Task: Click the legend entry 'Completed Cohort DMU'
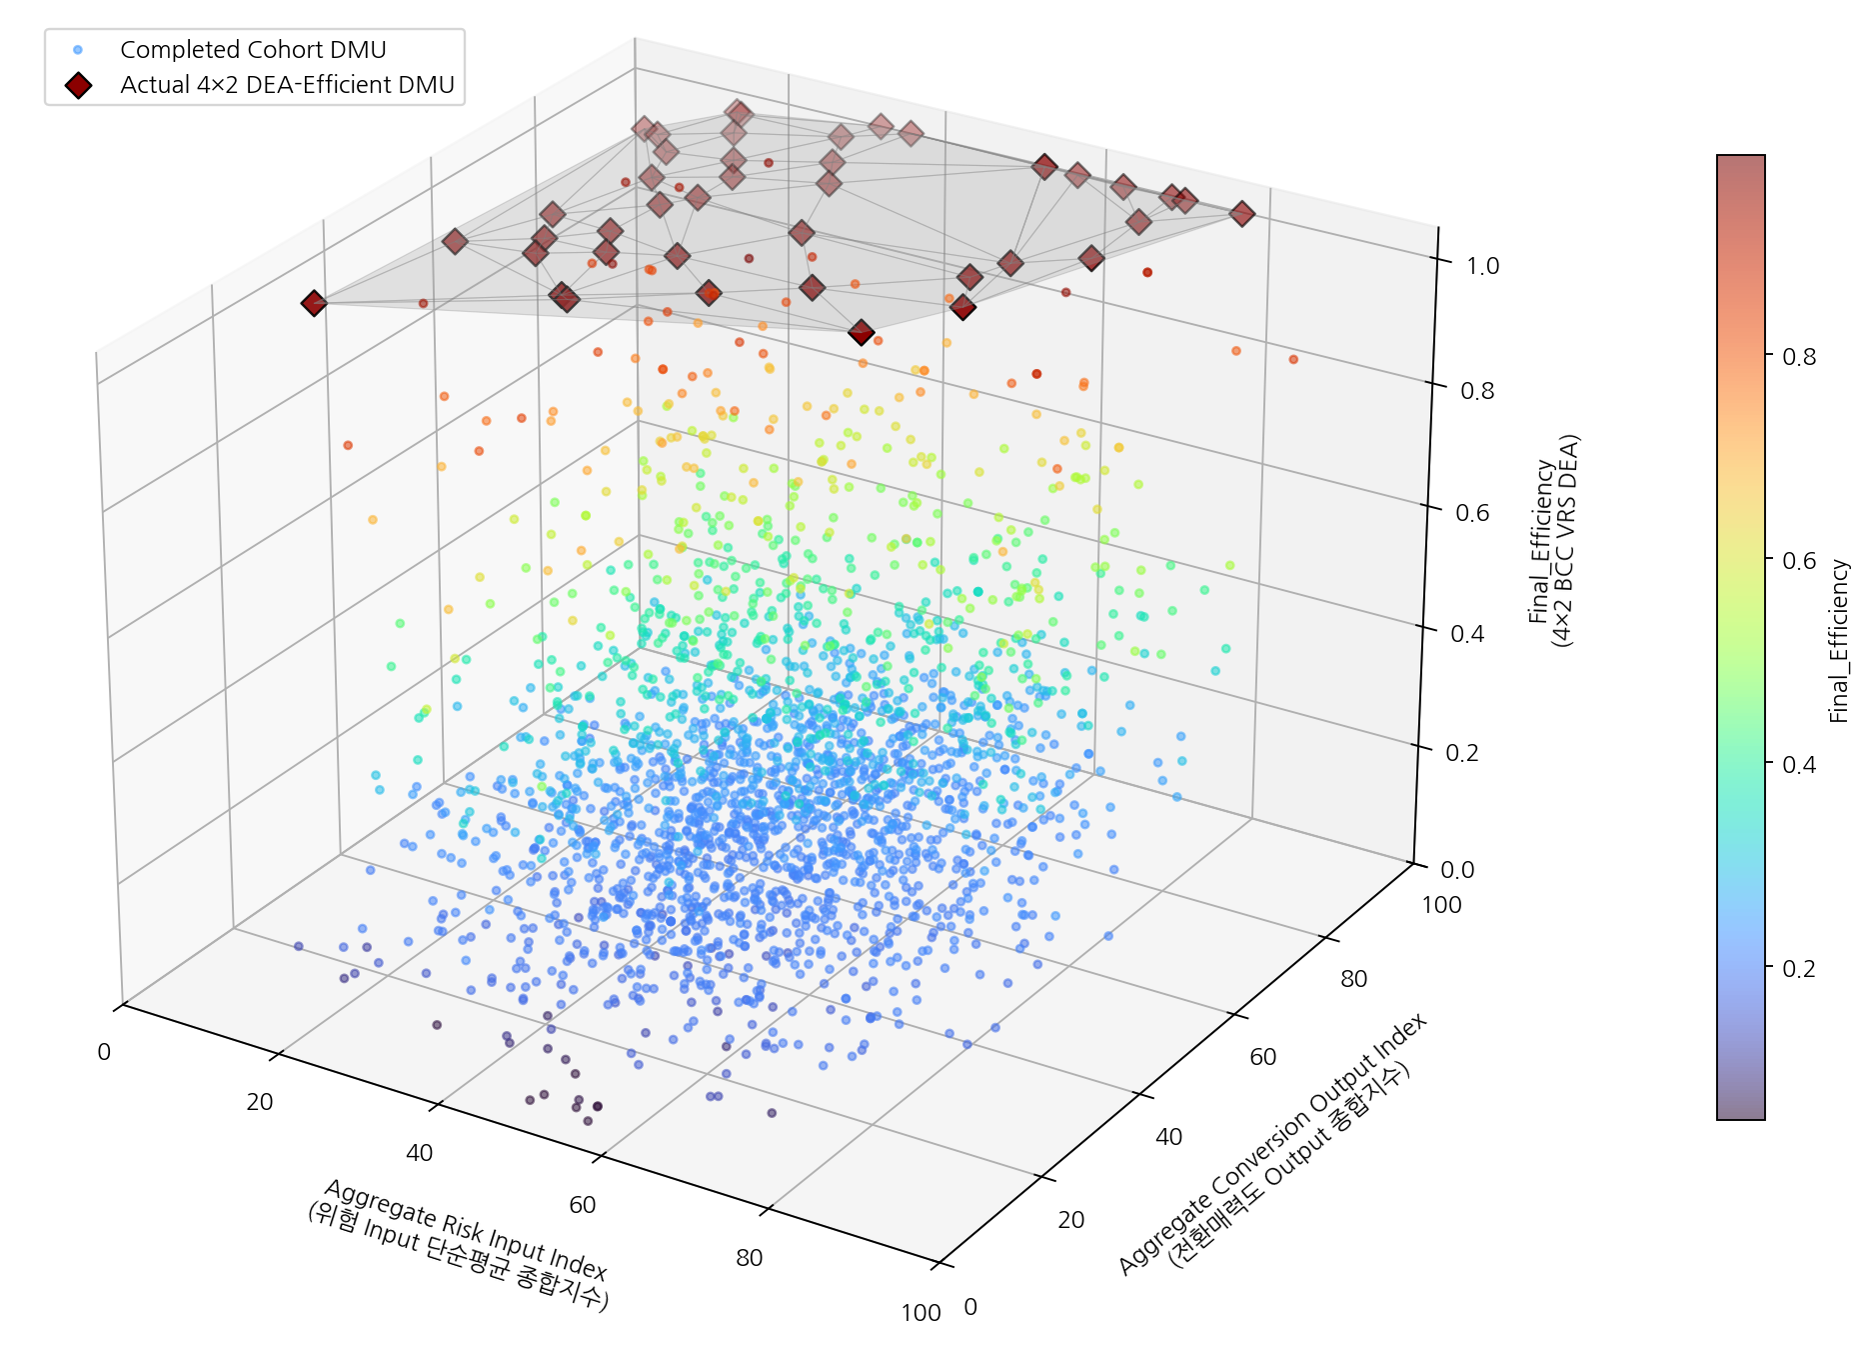[253, 49]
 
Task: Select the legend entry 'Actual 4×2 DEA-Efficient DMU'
[287, 85]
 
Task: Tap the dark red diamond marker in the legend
[78, 86]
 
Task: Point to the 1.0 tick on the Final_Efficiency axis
[1483, 265]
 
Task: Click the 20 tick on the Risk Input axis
[260, 1102]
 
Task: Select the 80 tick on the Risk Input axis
[750, 1258]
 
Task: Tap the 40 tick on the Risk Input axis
[420, 1153]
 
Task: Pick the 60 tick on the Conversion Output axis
[1263, 1057]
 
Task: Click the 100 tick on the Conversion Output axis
[1441, 905]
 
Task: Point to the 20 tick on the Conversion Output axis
[1071, 1220]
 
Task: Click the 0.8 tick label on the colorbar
[1799, 357]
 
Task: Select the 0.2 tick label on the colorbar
[1799, 968]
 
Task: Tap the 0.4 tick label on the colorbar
[1799, 764]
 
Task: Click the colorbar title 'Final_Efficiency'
[1839, 640]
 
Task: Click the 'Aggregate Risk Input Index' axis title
[466, 1229]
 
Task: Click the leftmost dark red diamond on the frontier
[314, 303]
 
